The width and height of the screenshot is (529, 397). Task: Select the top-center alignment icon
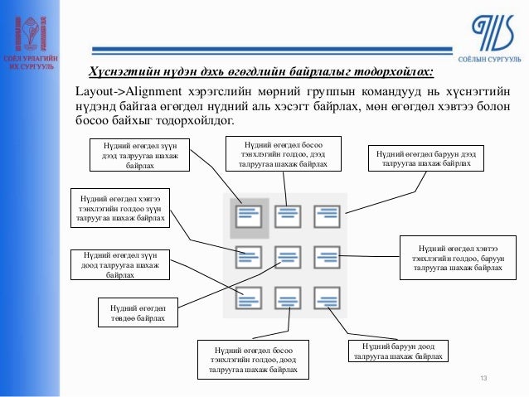pos(288,216)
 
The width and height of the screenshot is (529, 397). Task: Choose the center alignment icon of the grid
pos(288,256)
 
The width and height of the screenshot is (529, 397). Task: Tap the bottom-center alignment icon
pos(288,296)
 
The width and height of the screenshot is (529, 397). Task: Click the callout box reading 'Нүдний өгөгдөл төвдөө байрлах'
pos(136,312)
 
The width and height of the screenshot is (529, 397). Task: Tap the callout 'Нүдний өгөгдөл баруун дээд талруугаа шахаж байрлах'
pos(425,158)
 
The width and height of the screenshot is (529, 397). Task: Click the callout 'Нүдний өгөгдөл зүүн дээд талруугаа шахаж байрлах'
pos(138,155)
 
